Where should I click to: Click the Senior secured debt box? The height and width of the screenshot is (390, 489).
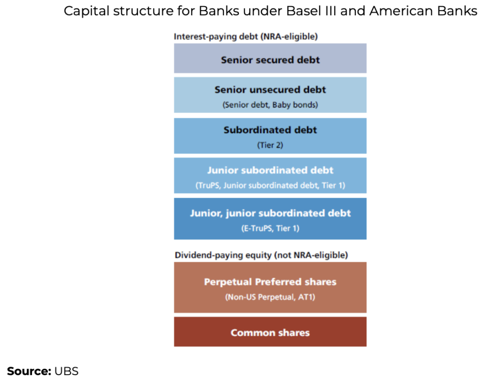tap(270, 58)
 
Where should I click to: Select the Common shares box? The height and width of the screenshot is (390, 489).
tap(270, 332)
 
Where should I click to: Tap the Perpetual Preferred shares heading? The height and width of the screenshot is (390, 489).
tap(270, 282)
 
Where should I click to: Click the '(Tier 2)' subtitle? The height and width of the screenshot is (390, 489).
tap(270, 145)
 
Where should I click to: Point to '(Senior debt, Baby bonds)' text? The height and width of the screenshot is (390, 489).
tap(270, 105)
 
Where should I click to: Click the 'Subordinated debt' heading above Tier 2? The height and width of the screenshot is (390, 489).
tap(270, 130)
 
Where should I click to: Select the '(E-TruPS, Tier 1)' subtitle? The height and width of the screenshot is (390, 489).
tap(270, 229)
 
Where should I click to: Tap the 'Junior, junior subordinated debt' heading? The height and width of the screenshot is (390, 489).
tap(270, 213)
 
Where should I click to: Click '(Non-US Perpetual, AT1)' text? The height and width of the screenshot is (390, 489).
tap(270, 297)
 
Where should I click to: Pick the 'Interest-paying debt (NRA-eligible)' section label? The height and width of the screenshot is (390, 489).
tap(246, 37)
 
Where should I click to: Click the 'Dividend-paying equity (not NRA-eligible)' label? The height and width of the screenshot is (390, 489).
tap(261, 255)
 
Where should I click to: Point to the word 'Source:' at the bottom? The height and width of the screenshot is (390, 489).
tap(29, 371)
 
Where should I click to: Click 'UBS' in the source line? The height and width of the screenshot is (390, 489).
tap(66, 371)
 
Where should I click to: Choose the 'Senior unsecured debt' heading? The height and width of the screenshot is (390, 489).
tap(270, 90)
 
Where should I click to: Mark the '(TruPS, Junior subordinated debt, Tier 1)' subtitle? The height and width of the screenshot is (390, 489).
tap(270, 186)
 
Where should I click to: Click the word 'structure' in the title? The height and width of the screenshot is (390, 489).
tap(143, 11)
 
